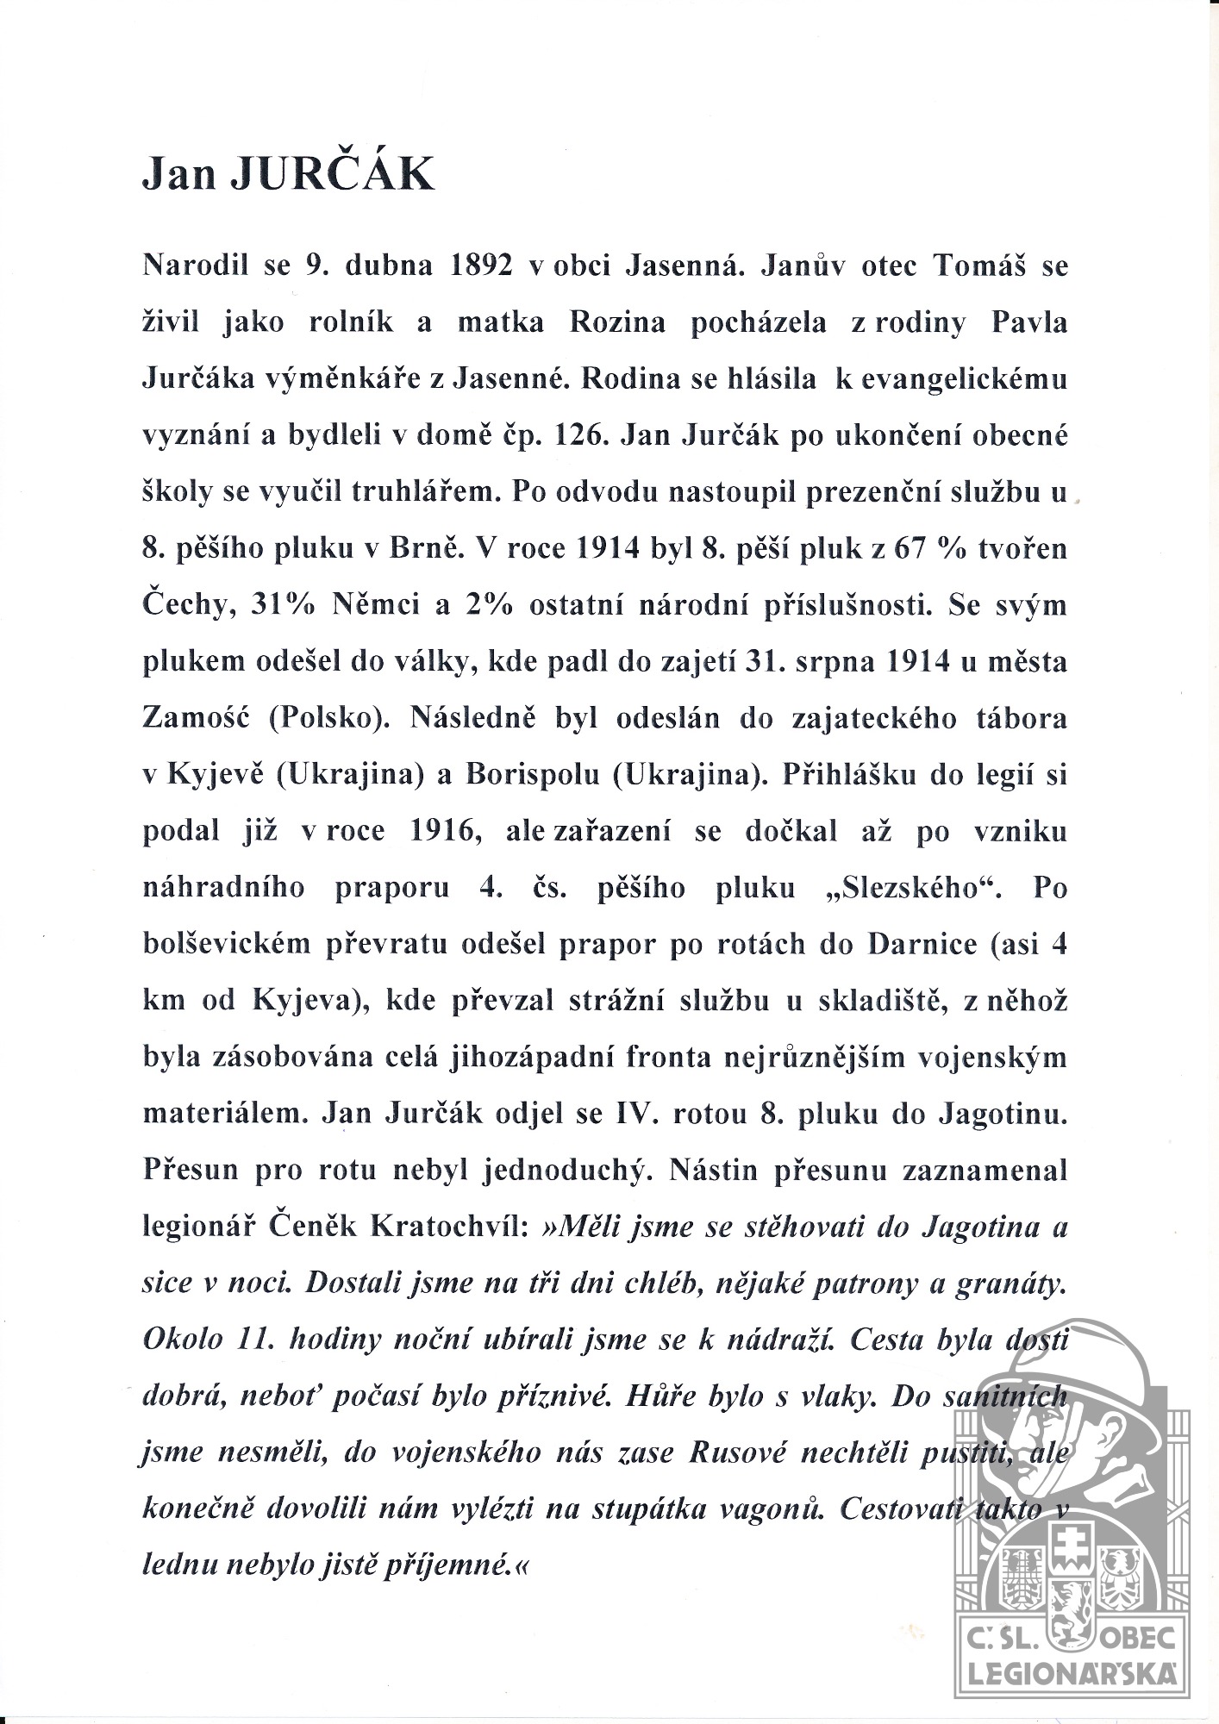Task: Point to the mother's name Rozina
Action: point(617,322)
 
